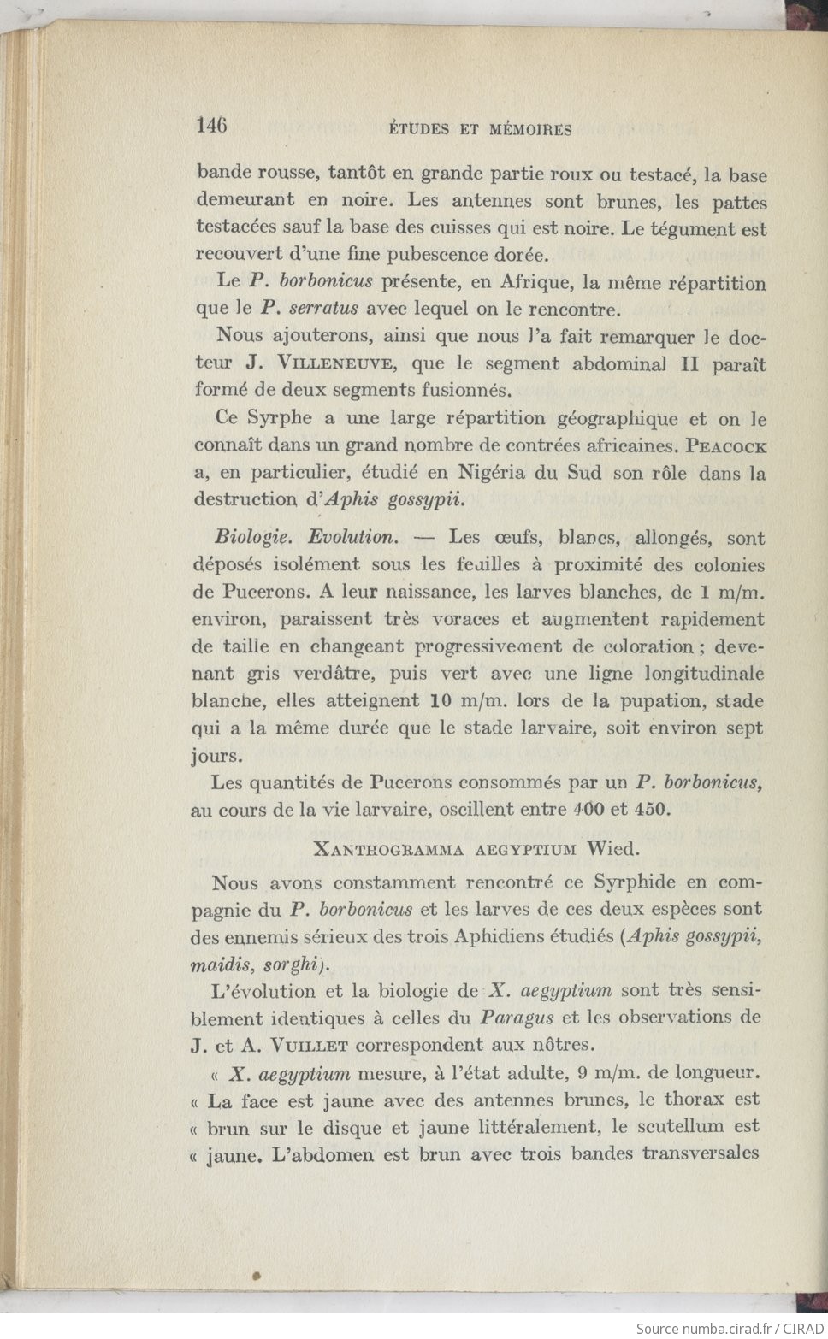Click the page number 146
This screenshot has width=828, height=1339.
pos(212,126)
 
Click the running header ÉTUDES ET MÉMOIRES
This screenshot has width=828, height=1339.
pos(480,130)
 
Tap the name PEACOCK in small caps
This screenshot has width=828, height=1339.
pos(726,446)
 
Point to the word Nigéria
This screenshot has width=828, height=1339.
pos(496,472)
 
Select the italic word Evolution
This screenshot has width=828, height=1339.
pos(352,538)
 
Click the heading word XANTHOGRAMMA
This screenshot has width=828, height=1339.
pos(388,850)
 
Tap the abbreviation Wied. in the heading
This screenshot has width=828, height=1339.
pos(612,849)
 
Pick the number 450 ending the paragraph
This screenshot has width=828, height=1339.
pos(653,809)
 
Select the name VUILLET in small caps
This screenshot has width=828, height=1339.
pos(309,1045)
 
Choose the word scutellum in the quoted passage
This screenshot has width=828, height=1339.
pos(684,1127)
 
